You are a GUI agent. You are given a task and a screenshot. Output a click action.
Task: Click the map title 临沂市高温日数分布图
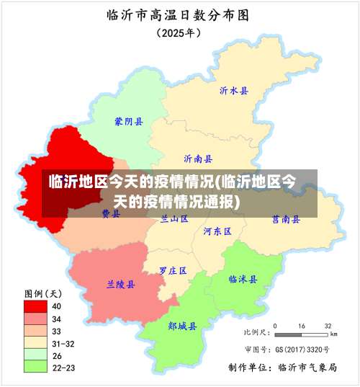coord(179,14)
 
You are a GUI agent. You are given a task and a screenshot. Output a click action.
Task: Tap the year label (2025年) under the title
coord(179,32)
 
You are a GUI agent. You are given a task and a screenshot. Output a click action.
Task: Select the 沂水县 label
coord(233,91)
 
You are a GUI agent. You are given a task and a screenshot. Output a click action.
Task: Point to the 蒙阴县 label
coord(128,122)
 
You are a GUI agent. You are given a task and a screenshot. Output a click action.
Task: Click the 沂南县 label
coord(198,159)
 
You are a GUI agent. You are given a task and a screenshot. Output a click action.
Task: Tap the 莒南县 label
coord(286,218)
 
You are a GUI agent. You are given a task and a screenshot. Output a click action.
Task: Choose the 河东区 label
coord(217,231)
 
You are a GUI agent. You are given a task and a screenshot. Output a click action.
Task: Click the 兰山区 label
coord(174,218)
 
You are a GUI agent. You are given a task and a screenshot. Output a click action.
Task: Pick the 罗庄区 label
coord(173,271)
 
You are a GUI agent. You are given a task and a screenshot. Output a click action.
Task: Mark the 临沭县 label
coord(243,279)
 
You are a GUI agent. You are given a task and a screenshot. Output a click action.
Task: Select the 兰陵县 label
coord(120,285)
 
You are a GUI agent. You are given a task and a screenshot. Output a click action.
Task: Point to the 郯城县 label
coord(182,326)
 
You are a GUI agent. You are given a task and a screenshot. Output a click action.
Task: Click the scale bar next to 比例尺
coord(302,335)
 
